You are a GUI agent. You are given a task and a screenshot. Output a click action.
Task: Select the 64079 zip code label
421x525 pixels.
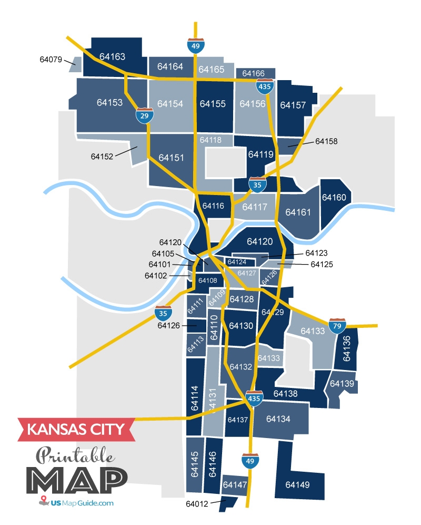(51, 59)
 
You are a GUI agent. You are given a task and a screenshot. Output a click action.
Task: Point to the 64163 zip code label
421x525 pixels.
(112, 56)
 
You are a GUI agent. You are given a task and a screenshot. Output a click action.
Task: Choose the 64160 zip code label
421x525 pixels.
(334, 198)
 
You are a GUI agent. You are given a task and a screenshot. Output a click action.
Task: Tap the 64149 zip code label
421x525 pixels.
(298, 484)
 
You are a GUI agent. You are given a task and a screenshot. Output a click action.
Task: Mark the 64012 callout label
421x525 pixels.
(197, 504)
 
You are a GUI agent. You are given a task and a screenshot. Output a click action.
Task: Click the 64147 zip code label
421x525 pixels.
(234, 484)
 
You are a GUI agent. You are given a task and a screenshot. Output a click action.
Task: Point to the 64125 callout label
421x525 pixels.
(322, 264)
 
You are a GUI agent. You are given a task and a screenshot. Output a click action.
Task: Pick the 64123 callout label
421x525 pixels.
(316, 254)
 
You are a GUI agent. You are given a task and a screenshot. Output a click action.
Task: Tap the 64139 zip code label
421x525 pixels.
(342, 384)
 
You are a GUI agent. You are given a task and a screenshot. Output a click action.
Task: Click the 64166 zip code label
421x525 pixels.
(254, 73)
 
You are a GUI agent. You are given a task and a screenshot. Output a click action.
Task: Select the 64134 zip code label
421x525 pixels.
(279, 419)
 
